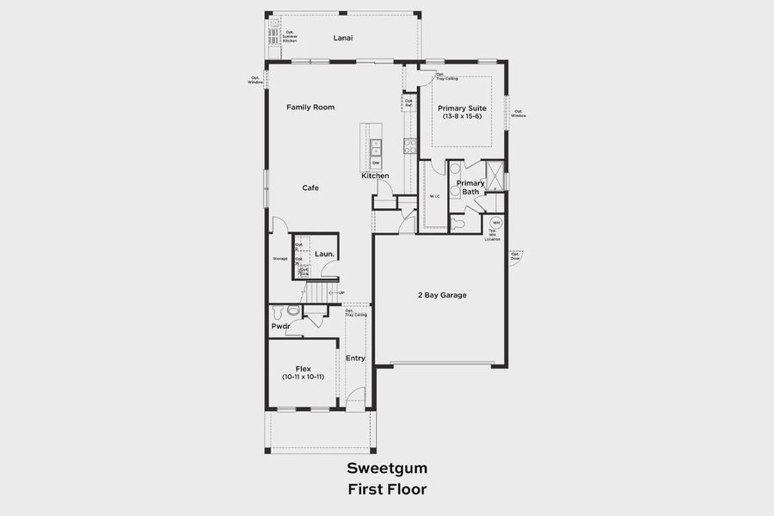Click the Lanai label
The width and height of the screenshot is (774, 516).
tap(343, 38)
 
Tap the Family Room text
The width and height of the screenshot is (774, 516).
tap(310, 107)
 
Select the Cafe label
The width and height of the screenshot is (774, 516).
tap(310, 187)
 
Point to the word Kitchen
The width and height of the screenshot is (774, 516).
tap(375, 175)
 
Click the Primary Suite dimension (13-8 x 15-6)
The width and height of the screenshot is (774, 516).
tap(462, 116)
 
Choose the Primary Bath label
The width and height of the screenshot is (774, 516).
tap(470, 187)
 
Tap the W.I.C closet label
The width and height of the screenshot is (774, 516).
tap(434, 197)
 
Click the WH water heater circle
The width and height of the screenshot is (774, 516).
tap(496, 223)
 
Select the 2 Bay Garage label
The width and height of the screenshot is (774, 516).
tap(442, 295)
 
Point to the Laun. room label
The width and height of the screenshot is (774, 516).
tap(324, 254)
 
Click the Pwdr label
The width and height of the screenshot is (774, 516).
tap(280, 327)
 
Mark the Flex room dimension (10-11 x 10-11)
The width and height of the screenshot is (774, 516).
tap(303, 378)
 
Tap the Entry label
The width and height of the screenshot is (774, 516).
tap(355, 358)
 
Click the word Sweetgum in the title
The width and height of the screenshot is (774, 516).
tap(387, 469)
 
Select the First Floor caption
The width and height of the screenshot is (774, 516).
tap(387, 488)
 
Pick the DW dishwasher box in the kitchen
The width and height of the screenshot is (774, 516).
tap(376, 162)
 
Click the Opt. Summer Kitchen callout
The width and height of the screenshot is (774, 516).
tap(290, 38)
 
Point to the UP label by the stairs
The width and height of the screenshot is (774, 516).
tap(341, 292)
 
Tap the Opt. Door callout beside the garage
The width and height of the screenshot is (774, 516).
tap(515, 255)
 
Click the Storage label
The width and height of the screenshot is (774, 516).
tap(280, 258)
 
